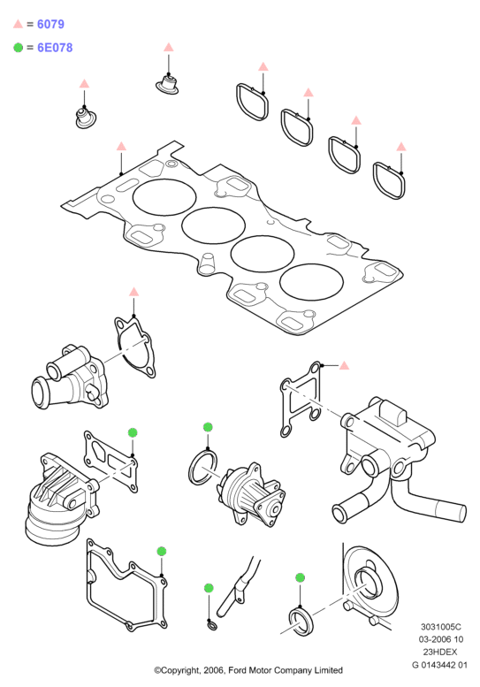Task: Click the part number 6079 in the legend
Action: (50, 24)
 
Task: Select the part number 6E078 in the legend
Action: (55, 48)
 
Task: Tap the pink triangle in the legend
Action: (18, 24)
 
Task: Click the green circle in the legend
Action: (18, 48)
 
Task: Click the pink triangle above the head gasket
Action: (121, 147)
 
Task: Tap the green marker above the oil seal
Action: (300, 578)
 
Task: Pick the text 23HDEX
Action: (439, 652)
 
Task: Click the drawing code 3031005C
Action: (440, 628)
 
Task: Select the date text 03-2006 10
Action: (440, 639)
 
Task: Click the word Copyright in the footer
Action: (179, 671)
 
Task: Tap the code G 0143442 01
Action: (439, 665)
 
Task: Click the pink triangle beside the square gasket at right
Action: (344, 365)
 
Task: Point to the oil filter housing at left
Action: (61, 500)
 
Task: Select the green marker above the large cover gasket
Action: (162, 551)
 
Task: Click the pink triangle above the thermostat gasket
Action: (134, 292)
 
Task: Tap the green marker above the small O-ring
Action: (209, 588)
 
